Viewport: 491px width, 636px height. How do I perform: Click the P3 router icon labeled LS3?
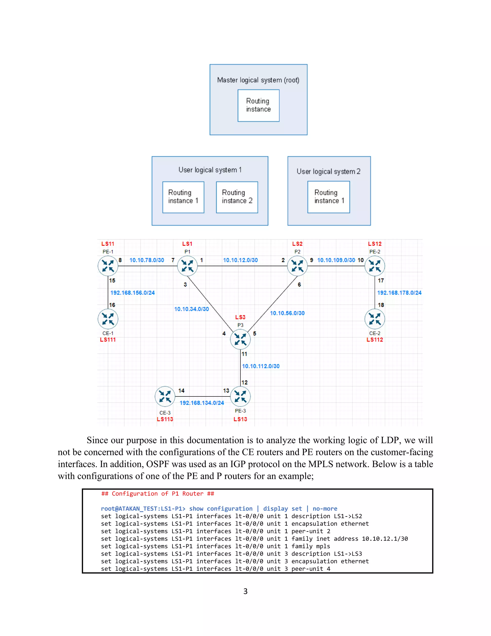(240, 339)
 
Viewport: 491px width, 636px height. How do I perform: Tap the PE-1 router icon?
(108, 266)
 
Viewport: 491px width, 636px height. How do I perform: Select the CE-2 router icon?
(375, 318)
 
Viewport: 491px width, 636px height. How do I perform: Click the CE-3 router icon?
(165, 396)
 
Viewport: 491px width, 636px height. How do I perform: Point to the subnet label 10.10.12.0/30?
(240, 260)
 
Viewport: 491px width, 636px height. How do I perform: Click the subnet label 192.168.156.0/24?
(132, 293)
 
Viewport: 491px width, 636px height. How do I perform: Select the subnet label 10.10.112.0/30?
(261, 366)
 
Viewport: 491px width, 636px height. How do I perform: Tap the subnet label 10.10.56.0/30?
(287, 313)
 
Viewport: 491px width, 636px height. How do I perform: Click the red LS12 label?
(375, 244)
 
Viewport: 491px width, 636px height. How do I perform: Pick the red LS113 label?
(165, 419)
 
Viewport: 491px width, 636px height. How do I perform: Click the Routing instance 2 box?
(237, 197)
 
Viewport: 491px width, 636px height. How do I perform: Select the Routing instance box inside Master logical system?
(258, 105)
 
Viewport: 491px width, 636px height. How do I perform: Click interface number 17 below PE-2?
(381, 280)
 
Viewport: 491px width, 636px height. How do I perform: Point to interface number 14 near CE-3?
(181, 390)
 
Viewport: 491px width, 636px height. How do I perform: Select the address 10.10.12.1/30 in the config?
(385, 539)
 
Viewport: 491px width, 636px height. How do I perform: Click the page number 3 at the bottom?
(245, 591)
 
